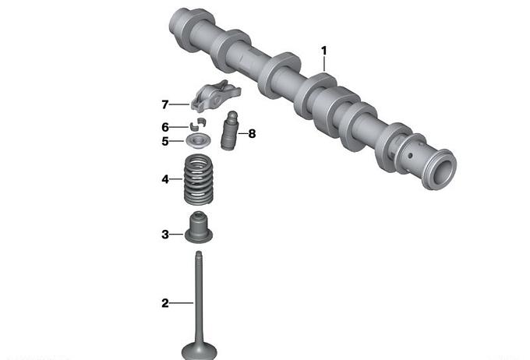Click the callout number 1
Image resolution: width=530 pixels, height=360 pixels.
point(324,51)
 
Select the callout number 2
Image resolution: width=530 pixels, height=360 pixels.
point(165,303)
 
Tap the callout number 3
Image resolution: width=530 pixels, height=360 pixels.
point(165,235)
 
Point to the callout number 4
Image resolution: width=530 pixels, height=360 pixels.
point(165,179)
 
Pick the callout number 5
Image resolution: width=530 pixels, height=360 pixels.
point(165,141)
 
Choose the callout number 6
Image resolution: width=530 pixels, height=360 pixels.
point(165,128)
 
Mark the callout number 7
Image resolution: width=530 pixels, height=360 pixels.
point(165,104)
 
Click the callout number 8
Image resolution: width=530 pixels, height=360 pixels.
point(252,134)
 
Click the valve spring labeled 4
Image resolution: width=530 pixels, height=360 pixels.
point(199,179)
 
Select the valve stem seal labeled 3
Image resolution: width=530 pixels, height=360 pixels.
point(199,228)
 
